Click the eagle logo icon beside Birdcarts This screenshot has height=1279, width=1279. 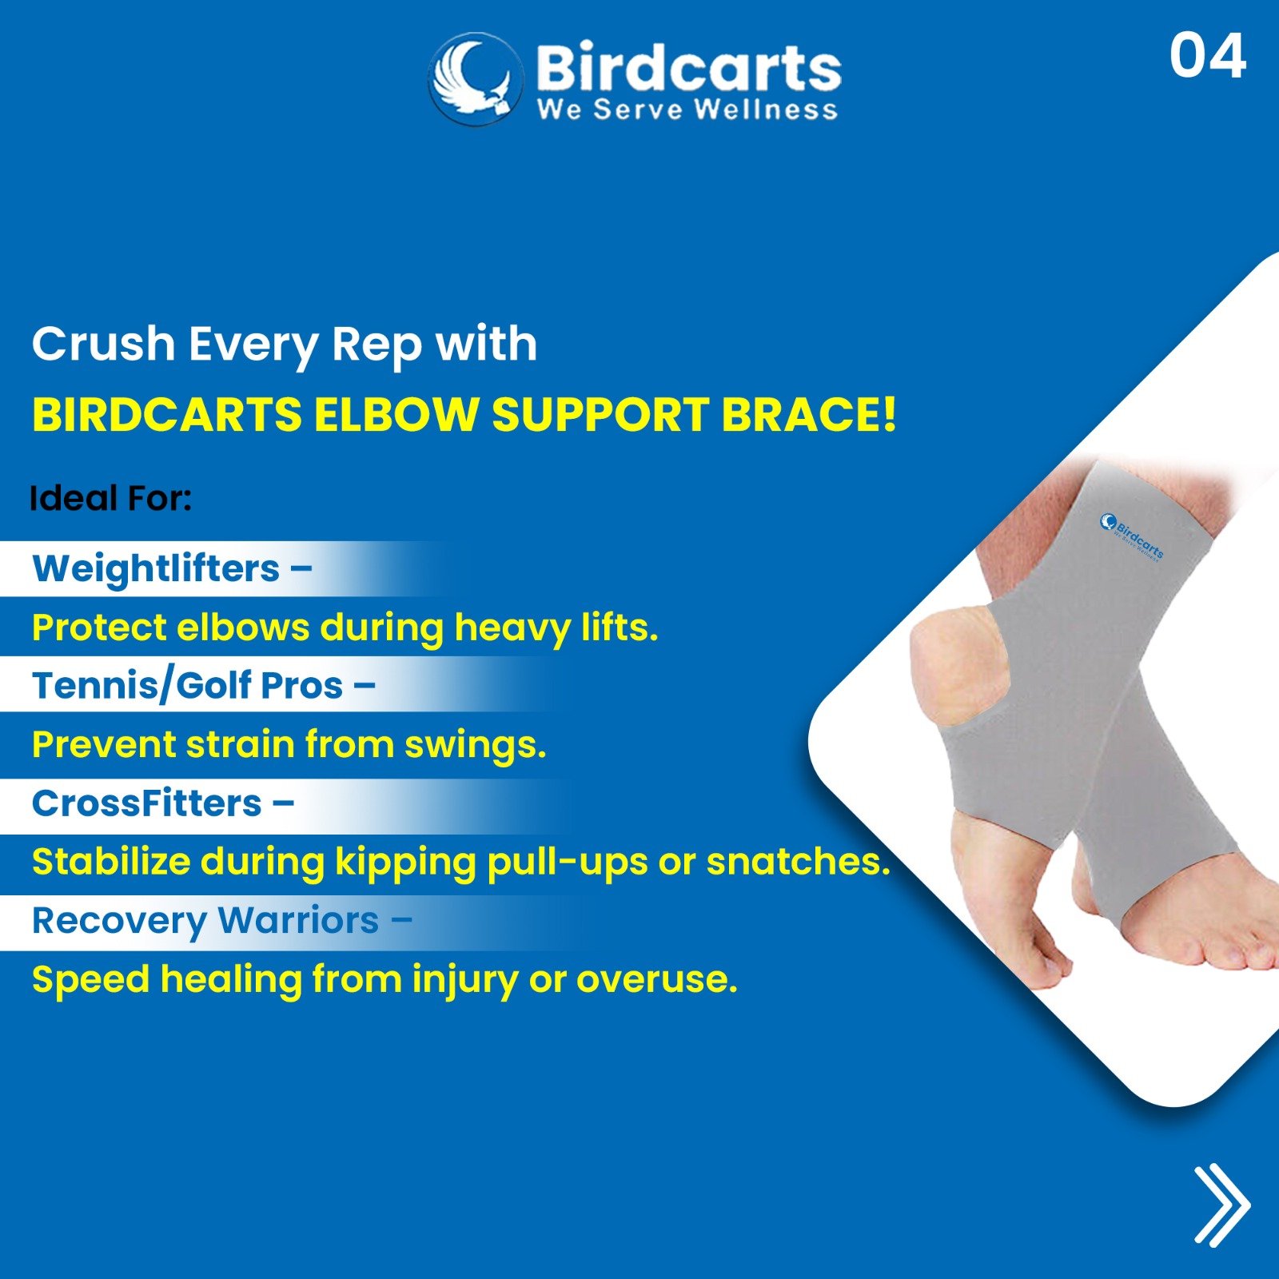(476, 78)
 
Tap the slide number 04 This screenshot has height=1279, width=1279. (1207, 56)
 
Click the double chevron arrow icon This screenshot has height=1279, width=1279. (1221, 1205)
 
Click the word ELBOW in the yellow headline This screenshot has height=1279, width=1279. (396, 415)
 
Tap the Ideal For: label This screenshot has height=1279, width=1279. (111, 498)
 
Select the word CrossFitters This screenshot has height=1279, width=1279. (147, 803)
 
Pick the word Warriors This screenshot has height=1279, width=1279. (299, 920)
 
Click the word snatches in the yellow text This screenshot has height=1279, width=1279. (798, 862)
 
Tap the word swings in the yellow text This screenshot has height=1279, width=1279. (475, 746)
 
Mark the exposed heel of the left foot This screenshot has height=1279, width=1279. (951, 663)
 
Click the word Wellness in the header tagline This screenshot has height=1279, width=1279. (766, 109)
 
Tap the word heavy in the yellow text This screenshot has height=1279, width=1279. (512, 629)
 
